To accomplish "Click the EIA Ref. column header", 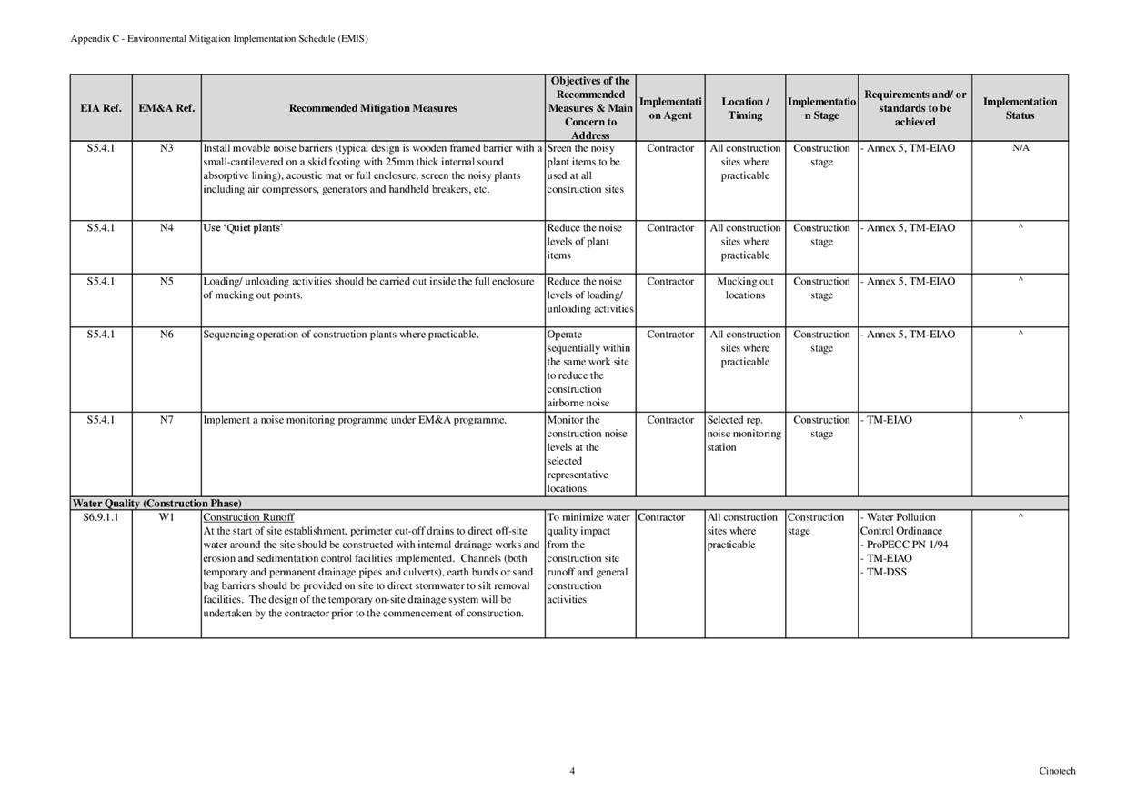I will pos(100,108).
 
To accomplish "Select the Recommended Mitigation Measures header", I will pos(373,108).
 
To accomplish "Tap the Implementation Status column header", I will pos(1020,108).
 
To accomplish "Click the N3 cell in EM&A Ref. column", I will pos(166,148).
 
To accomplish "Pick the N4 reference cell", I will pos(166,228).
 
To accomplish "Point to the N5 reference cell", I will pos(166,282).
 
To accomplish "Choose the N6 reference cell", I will pos(166,335).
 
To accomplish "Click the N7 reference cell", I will pos(166,420).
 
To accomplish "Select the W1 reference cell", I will pos(166,517).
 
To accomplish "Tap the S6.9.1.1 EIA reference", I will pos(100,517).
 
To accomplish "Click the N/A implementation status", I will pos(1020,148).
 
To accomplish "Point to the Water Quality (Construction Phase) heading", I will pos(156,504).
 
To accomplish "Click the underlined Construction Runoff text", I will pos(248,517).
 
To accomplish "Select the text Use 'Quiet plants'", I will pos(243,228).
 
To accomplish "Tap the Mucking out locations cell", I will pos(745,288).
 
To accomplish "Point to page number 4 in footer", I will pos(572,771).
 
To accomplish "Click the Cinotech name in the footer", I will pos(1057,771).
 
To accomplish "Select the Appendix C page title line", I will pos(219,39).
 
